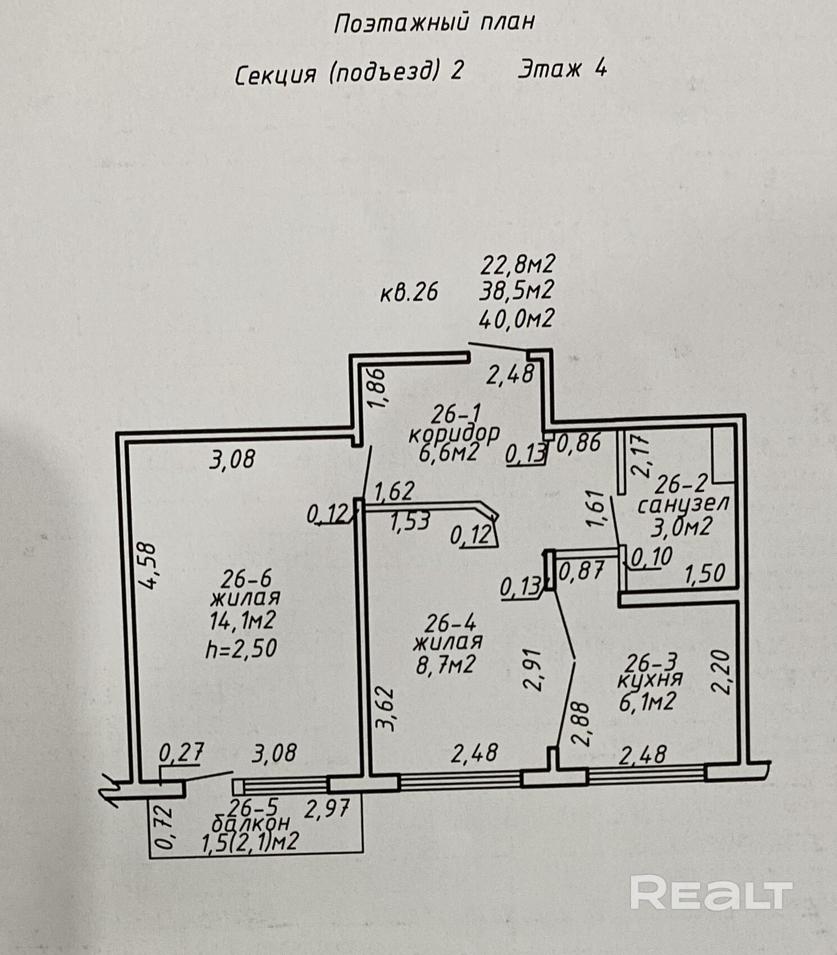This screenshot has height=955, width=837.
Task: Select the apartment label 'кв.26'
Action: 408,293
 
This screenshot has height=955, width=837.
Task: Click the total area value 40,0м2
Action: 516,319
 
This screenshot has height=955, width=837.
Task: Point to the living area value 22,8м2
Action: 517,263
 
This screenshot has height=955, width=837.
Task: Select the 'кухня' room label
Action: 649,679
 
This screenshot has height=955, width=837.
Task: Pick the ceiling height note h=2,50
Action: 241,649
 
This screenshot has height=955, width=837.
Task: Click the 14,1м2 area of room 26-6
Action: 243,621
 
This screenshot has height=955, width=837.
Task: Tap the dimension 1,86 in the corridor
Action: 377,389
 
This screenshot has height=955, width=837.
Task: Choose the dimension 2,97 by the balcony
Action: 327,809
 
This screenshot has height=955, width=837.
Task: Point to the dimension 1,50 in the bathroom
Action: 705,574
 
